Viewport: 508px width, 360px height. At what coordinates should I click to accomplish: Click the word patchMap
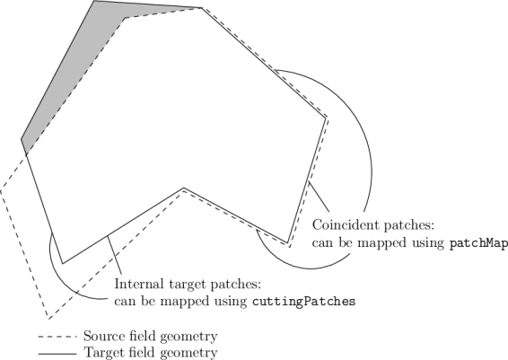tap(479, 243)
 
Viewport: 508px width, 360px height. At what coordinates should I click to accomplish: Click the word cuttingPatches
tap(304, 302)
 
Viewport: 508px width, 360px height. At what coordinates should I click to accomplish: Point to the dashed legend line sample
tap(57, 337)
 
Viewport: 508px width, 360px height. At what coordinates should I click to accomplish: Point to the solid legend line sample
tap(57, 354)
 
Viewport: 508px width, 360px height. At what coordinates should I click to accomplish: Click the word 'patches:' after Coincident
tap(408, 225)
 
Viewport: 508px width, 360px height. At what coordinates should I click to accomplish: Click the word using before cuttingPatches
tap(231, 303)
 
